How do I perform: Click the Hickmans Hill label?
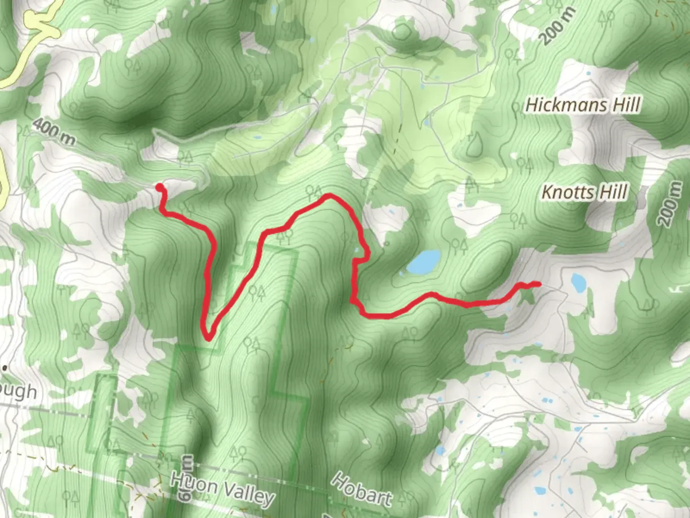(x=583, y=105)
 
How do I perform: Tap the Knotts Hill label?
(x=584, y=192)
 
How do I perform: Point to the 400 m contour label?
(x=54, y=132)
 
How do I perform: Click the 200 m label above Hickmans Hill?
(x=557, y=27)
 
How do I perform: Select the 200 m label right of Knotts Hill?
(x=669, y=204)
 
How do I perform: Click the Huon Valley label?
(x=223, y=488)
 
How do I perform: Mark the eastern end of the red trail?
(x=539, y=284)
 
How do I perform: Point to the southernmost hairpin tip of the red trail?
(x=209, y=338)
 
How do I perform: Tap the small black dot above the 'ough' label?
(x=4, y=368)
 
